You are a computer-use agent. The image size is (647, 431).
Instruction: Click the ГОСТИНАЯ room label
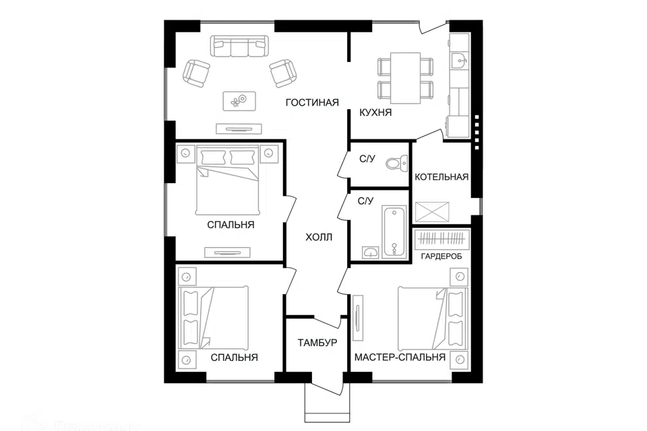(x=311, y=102)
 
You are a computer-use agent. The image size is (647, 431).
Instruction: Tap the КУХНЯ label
(x=376, y=113)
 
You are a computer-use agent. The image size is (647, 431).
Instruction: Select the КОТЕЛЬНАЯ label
(x=441, y=177)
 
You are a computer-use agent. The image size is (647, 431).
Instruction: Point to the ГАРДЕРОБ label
(x=441, y=257)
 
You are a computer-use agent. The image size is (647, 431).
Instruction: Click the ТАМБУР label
(x=317, y=343)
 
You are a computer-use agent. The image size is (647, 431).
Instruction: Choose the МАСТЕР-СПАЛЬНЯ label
(x=400, y=358)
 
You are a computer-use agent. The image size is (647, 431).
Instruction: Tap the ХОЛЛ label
(x=319, y=238)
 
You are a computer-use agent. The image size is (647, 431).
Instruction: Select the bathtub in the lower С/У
(x=395, y=232)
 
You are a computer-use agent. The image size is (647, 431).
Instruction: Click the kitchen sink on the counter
(x=460, y=61)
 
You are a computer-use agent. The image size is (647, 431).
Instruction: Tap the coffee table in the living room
(x=239, y=101)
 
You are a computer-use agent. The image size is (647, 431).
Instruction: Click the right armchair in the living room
(x=282, y=72)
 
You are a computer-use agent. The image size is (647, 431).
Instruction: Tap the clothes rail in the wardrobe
(x=442, y=240)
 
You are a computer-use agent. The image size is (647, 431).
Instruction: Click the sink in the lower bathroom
(x=371, y=251)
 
